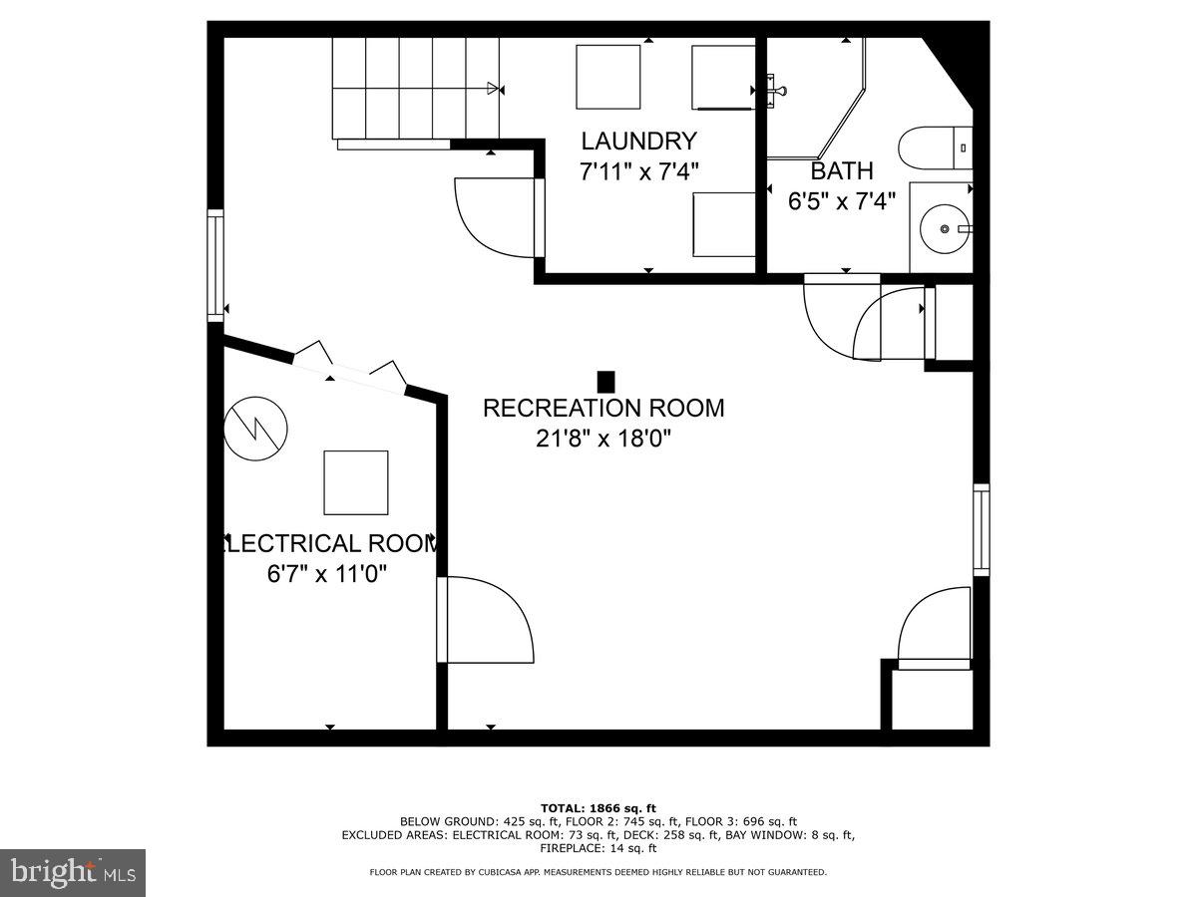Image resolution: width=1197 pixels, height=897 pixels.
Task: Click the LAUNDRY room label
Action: [x=638, y=141]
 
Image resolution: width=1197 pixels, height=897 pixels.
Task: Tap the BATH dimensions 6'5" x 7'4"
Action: [x=841, y=202]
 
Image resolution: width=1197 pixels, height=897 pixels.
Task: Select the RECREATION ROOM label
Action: [x=603, y=408]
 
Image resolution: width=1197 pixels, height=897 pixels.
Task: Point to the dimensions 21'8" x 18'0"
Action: [x=603, y=439]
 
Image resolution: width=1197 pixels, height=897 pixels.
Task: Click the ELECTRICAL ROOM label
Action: [x=329, y=544]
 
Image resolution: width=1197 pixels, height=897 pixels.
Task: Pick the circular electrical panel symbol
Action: [x=255, y=429]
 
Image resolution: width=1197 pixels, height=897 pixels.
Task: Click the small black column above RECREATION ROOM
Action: [x=605, y=382]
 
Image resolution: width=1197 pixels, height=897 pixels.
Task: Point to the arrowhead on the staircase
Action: [x=492, y=89]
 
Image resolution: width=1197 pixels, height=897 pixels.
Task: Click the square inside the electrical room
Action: [x=355, y=482]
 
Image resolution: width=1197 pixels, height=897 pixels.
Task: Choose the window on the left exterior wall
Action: [x=215, y=265]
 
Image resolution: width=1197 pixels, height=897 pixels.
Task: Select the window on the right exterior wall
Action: [x=982, y=529]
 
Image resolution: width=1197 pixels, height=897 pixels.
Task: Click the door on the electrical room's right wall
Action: [x=484, y=620]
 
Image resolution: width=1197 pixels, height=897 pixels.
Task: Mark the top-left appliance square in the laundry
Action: [x=607, y=77]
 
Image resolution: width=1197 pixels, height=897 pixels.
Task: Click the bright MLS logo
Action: [x=73, y=873]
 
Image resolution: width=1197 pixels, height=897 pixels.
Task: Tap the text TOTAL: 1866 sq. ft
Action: [x=598, y=807]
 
